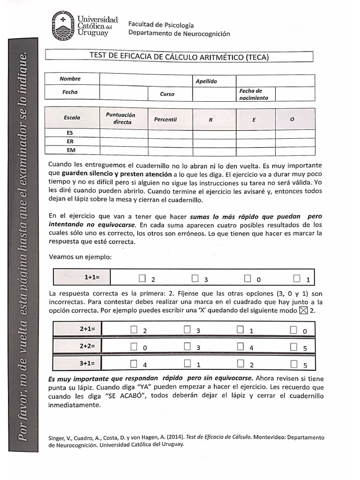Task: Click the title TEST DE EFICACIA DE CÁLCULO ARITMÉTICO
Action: (x=179, y=57)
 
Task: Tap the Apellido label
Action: (x=206, y=81)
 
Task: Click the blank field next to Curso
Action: (x=213, y=94)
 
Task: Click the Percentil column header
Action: (x=165, y=120)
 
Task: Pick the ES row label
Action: (x=70, y=134)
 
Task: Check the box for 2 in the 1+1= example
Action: (x=142, y=278)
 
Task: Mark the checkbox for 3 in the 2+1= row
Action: (x=187, y=330)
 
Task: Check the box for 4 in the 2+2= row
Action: (x=241, y=346)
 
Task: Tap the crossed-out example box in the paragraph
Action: (x=303, y=311)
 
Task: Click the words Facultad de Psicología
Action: (x=161, y=25)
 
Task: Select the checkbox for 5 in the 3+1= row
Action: (x=294, y=363)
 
